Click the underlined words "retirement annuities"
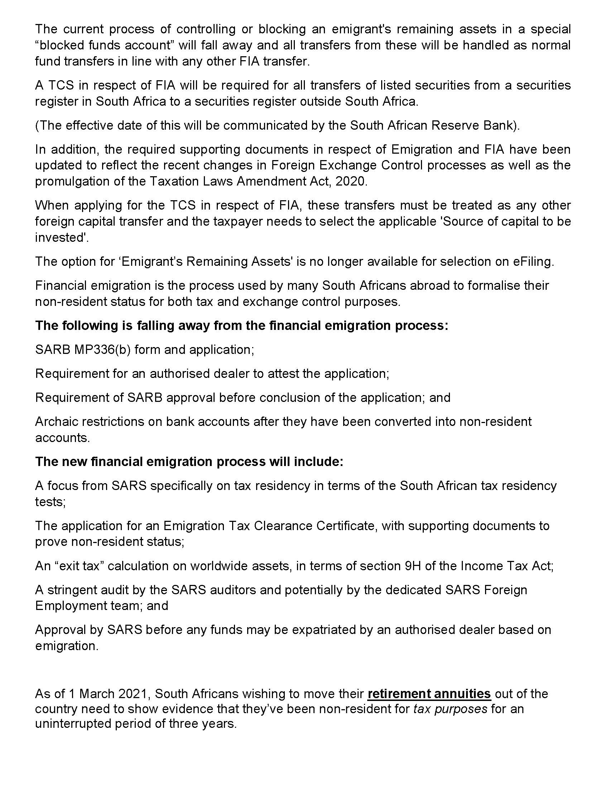click(429, 693)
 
